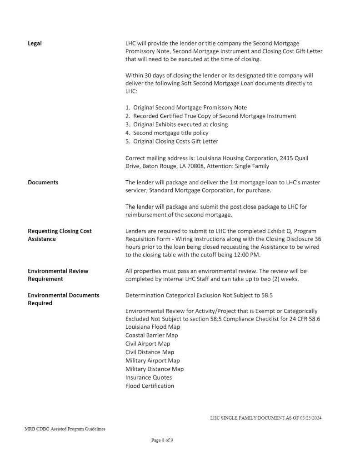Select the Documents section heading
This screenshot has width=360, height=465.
pyautogui.click(x=43, y=183)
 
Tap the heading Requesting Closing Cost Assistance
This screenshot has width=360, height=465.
pyautogui.click(x=60, y=235)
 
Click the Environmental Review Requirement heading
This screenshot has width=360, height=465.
pyautogui.click(x=58, y=275)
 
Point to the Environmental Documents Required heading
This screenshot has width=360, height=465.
pyautogui.click(x=64, y=299)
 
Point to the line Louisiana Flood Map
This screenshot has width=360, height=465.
pyautogui.click(x=153, y=327)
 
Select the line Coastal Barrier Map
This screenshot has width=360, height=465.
pyautogui.click(x=152, y=335)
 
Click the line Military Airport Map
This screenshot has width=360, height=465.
pyautogui.click(x=153, y=361)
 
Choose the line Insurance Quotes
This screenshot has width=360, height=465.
pyautogui.click(x=149, y=377)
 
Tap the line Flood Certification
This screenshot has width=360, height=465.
pyautogui.click(x=150, y=386)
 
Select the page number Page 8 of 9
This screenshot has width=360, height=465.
pyautogui.click(x=162, y=440)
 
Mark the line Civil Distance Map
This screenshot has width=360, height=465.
pyautogui.click(x=150, y=352)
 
